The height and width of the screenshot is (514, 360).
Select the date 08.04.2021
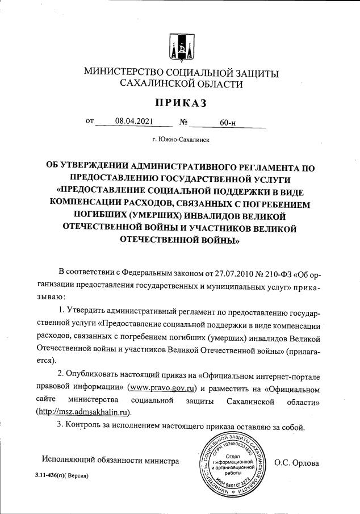[133, 121]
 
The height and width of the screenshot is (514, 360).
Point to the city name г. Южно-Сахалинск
[180, 139]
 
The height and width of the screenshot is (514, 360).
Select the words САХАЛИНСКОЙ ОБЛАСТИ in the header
[180, 84]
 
